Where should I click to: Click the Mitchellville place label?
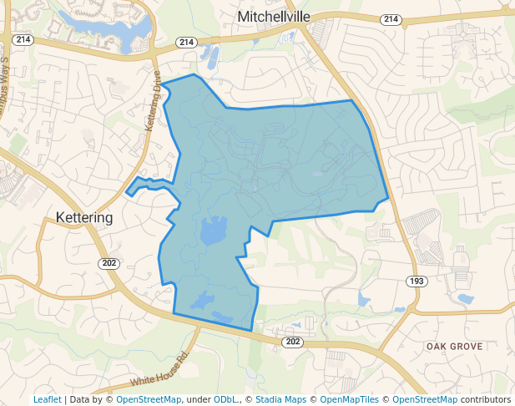(274, 17)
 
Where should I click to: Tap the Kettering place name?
(83, 217)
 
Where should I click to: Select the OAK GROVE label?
(454, 346)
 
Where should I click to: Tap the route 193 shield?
(416, 281)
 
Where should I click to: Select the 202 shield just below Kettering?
(109, 263)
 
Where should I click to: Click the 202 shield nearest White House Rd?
(292, 342)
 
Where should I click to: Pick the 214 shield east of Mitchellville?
(390, 18)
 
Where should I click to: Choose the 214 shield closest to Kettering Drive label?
(185, 42)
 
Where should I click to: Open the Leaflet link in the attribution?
(47, 399)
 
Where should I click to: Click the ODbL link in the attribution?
(225, 399)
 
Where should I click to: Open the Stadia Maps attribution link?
(280, 399)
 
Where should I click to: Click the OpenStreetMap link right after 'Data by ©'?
(149, 399)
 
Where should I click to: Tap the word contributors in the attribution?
(484, 399)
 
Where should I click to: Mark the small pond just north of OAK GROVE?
(465, 299)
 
